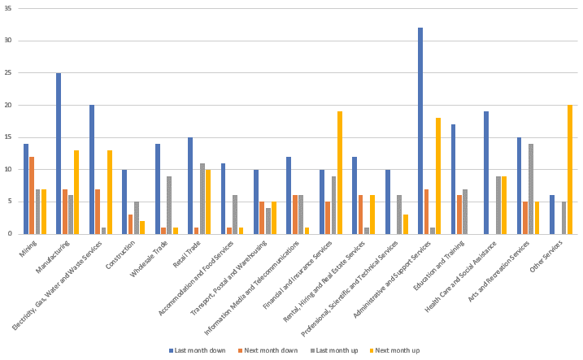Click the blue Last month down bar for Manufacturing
[x=59, y=154]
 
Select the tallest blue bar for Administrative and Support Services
[x=420, y=131]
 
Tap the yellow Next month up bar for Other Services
[x=570, y=170]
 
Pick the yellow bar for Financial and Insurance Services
[x=340, y=172]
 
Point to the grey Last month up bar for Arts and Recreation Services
[x=531, y=189]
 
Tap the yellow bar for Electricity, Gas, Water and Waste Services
[x=110, y=192]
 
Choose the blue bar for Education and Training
[x=454, y=179]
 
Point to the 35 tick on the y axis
[x=9, y=8]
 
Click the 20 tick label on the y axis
[x=9, y=105]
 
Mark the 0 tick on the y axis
[x=11, y=234]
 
